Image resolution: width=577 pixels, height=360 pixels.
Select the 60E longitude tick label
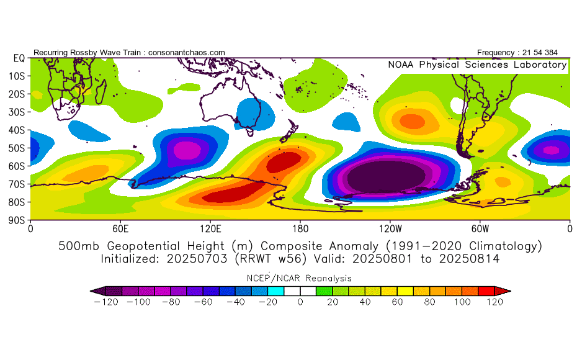tap(120, 228)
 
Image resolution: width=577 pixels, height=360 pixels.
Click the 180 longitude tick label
tap(300, 228)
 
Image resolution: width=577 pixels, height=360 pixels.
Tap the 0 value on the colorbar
tap(300, 302)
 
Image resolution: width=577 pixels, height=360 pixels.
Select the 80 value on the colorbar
tap(429, 302)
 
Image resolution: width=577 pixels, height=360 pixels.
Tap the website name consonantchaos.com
tap(187, 53)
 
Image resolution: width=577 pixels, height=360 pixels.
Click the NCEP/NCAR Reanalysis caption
tap(300, 278)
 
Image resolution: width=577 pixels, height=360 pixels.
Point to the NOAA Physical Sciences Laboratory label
tap(476, 65)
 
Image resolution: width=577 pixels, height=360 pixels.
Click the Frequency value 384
tap(558, 53)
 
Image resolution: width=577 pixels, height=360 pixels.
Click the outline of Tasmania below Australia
tap(250, 132)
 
